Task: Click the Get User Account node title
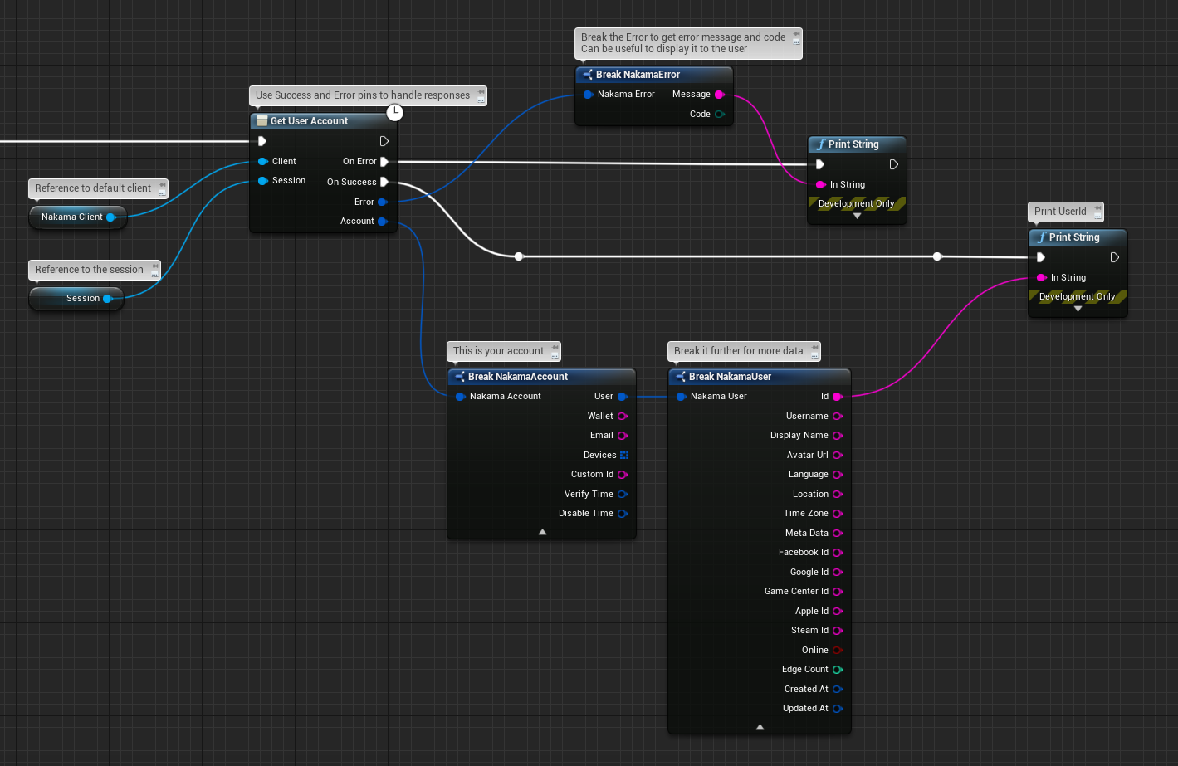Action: coord(309,121)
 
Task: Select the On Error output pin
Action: coord(384,162)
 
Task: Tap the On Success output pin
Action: coord(384,182)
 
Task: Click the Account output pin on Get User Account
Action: coord(383,222)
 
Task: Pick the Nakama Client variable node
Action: coord(72,217)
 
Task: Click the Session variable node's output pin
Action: coord(108,299)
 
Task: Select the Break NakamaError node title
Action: coord(638,75)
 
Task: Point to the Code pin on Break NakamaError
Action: coord(719,115)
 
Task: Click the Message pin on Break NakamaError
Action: coord(719,95)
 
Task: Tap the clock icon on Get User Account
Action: coord(395,112)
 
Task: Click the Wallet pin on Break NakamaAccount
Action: coord(623,417)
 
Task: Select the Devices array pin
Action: coord(624,456)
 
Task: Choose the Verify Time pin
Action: coord(623,495)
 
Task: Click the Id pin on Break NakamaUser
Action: coord(838,397)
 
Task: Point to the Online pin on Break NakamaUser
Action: coord(838,651)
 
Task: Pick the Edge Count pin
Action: coord(838,670)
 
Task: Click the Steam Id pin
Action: coord(838,631)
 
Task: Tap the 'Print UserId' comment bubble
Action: coord(1060,212)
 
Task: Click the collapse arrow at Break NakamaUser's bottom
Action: coord(760,727)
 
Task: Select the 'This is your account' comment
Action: coord(498,351)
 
